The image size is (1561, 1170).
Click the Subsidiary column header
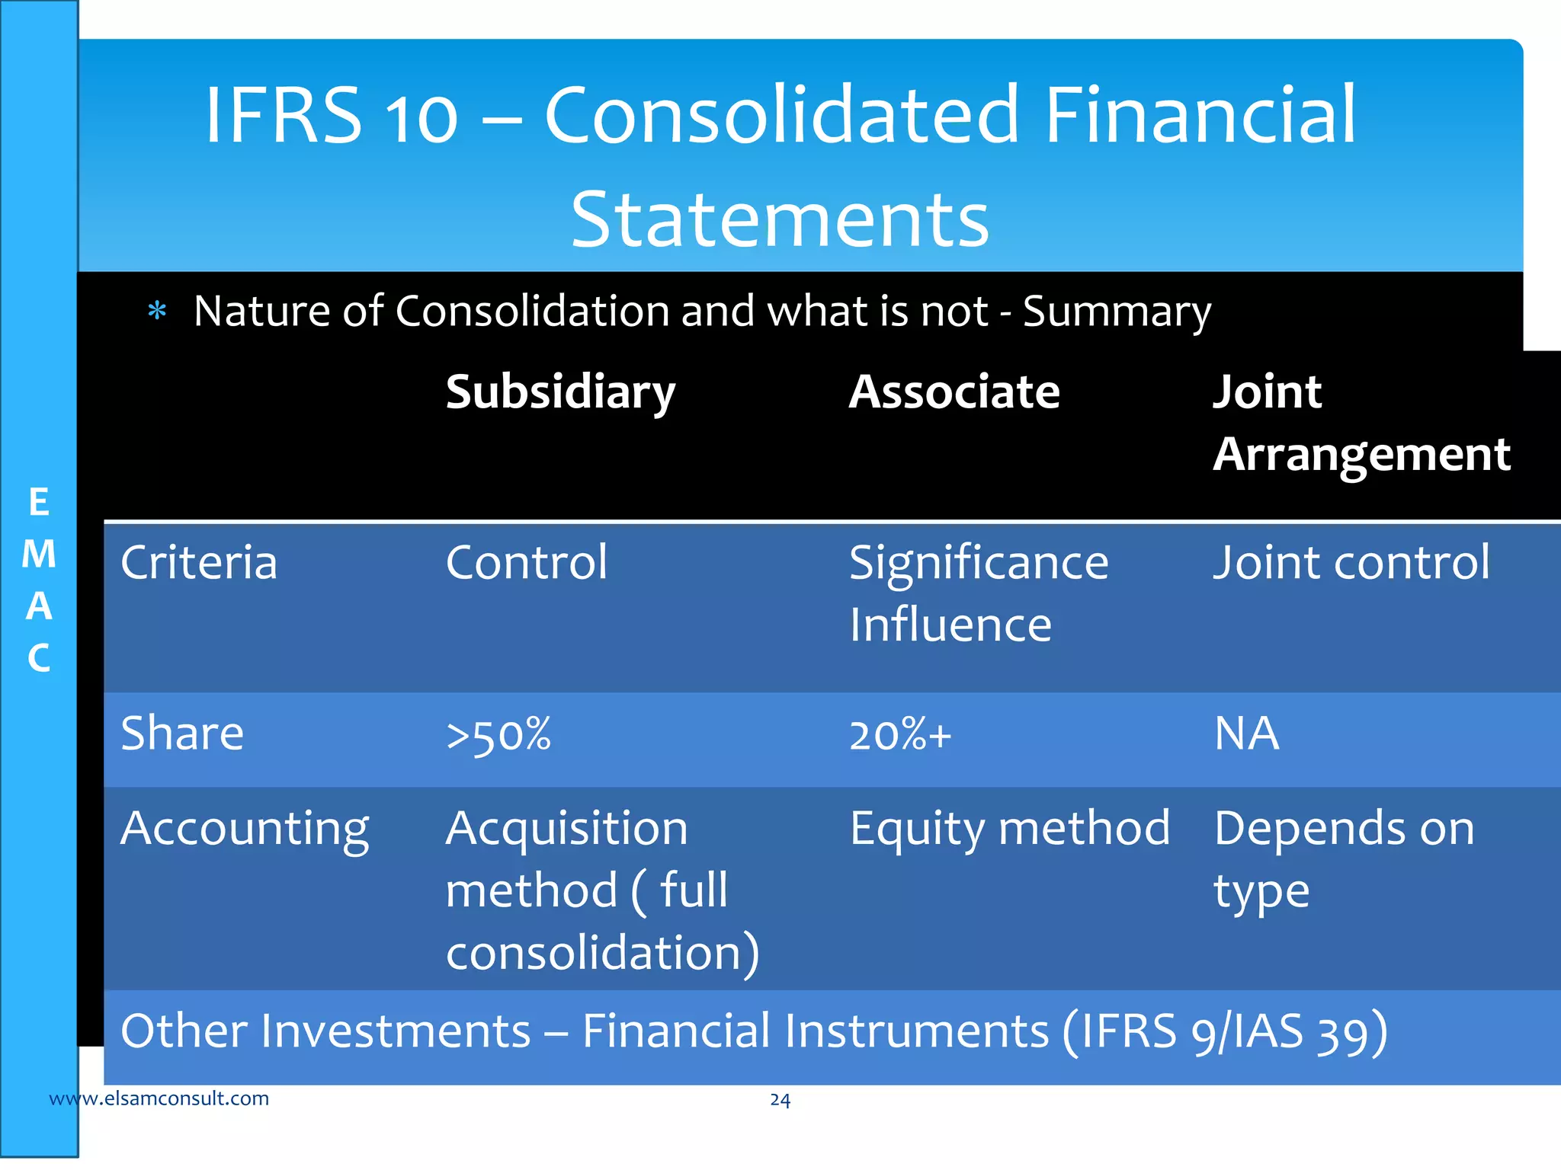coord(560,393)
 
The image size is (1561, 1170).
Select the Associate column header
coord(954,393)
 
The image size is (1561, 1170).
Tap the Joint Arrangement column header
coord(1361,424)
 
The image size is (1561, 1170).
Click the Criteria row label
coord(199,563)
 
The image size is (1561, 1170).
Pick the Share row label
coord(182,734)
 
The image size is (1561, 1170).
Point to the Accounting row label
coord(245,830)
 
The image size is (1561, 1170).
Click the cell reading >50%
coord(498,736)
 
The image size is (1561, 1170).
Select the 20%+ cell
coord(900,736)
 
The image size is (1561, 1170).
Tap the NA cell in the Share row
coord(1246,734)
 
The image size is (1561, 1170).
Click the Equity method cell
coord(1009,830)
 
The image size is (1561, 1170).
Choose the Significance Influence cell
coord(979,594)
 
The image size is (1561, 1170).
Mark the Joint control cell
coord(1351,563)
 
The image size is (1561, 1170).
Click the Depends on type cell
coord(1344,859)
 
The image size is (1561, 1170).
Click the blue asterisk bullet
coord(157,311)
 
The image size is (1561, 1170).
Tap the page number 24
coord(780,1100)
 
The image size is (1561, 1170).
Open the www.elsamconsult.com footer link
coord(159,1098)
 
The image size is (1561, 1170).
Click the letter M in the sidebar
coord(39,555)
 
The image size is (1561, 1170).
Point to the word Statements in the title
coord(780,220)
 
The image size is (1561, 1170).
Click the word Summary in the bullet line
coord(1117,312)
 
